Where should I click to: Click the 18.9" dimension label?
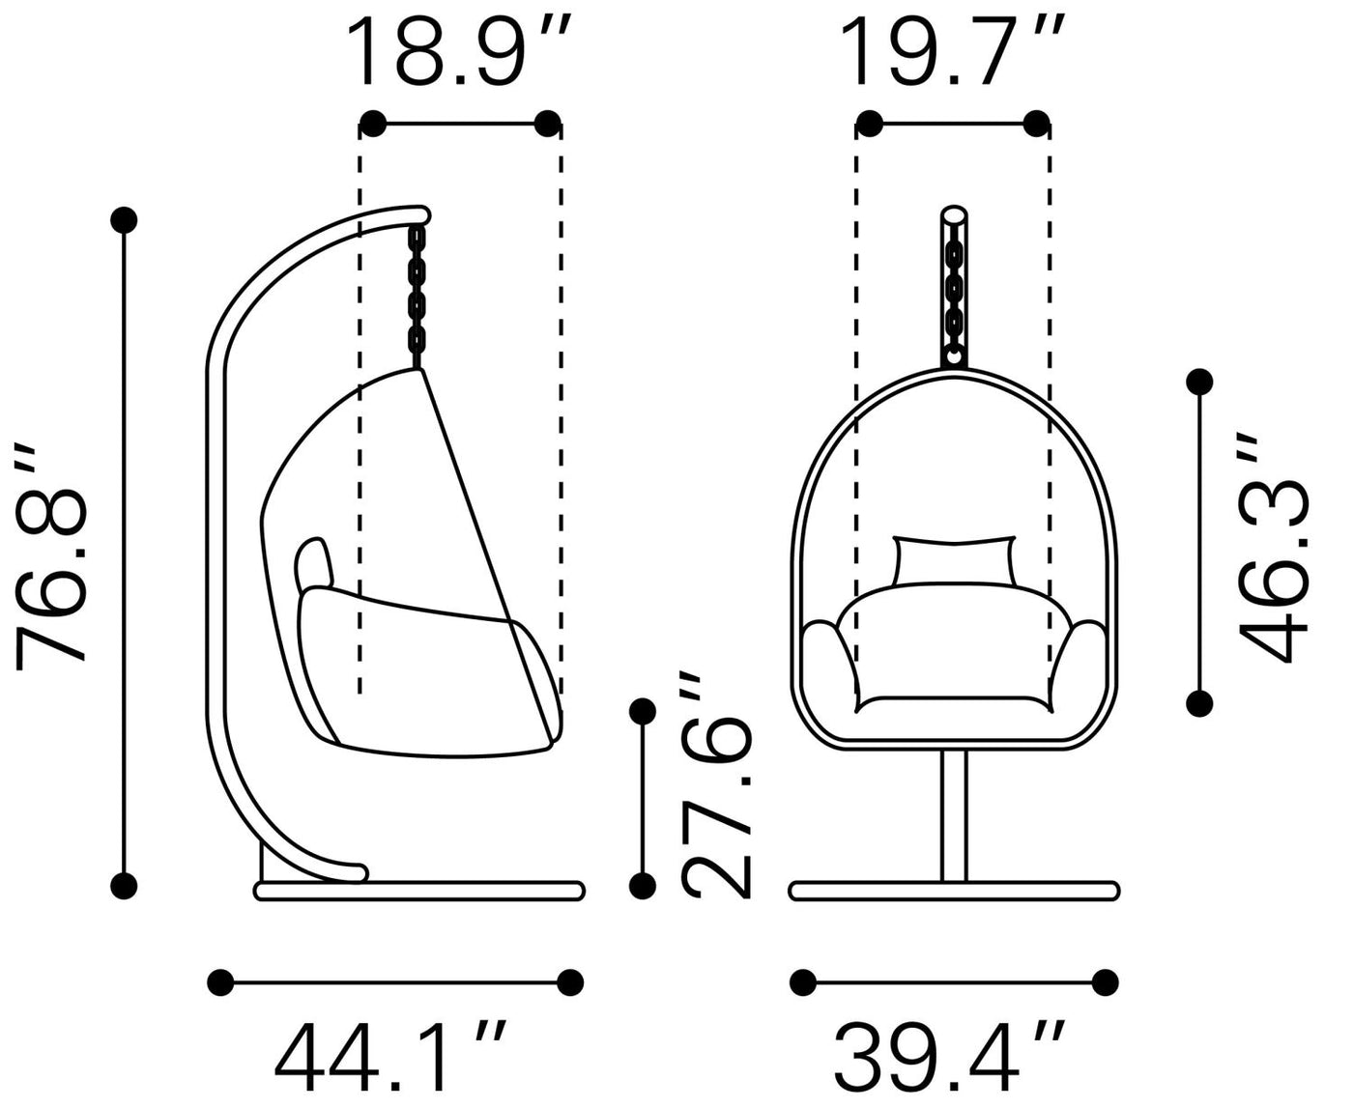(x=457, y=51)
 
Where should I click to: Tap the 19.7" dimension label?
(x=952, y=51)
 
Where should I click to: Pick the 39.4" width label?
(x=949, y=1057)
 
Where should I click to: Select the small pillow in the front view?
(x=954, y=561)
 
